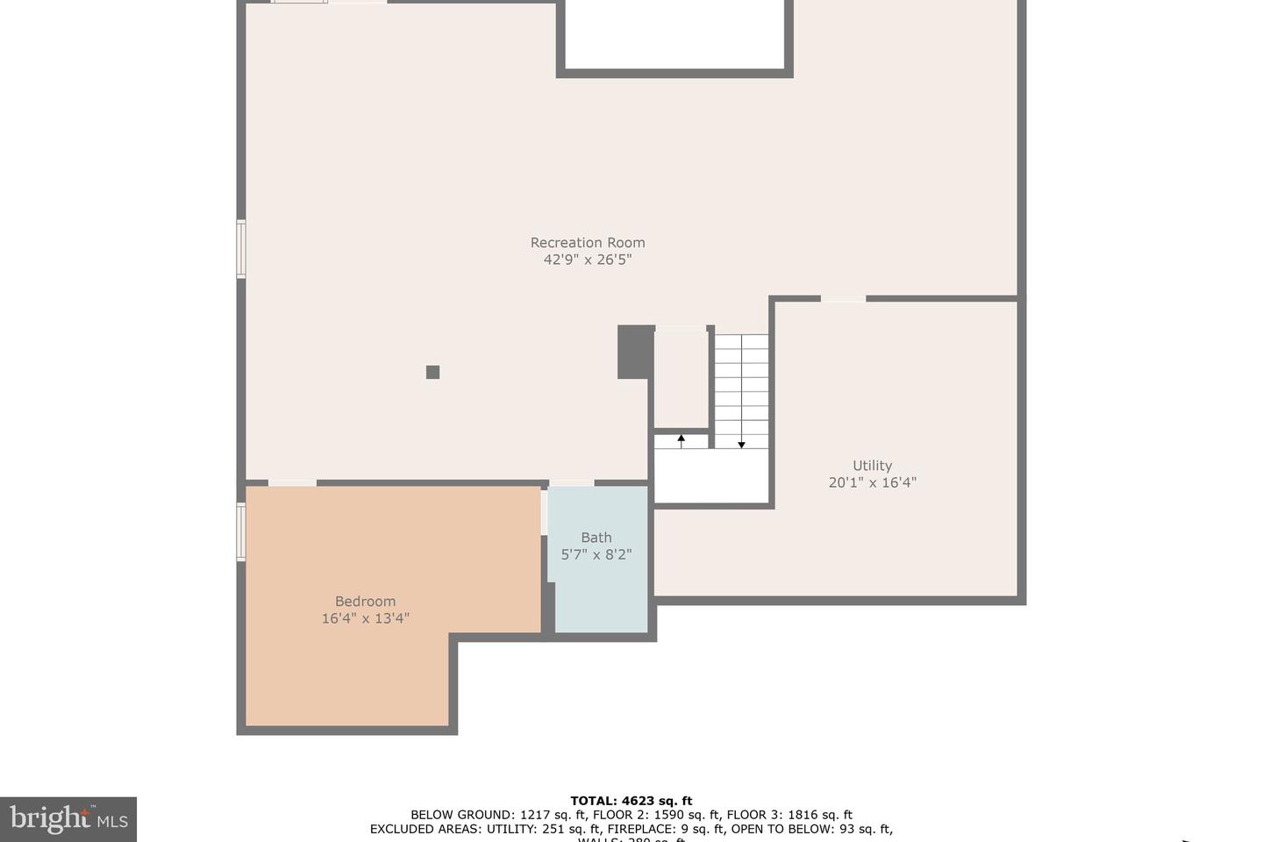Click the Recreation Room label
click(x=587, y=243)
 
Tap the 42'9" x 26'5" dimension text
click(x=587, y=260)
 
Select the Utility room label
click(x=872, y=466)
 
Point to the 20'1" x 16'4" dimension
click(x=872, y=482)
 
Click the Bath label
click(x=596, y=538)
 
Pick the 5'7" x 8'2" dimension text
click(x=596, y=554)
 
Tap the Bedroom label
click(x=365, y=602)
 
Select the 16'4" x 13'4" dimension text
click(x=365, y=618)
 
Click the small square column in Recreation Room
click(x=432, y=372)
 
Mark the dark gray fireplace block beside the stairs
click(x=635, y=352)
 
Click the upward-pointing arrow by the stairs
click(x=681, y=439)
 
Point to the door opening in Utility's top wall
click(x=843, y=299)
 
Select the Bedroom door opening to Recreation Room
click(x=292, y=482)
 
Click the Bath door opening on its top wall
click(x=571, y=482)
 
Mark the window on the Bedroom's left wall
click(x=241, y=532)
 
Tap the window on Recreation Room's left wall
click(x=241, y=249)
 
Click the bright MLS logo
click(x=68, y=819)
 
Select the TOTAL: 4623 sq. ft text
click(x=631, y=801)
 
